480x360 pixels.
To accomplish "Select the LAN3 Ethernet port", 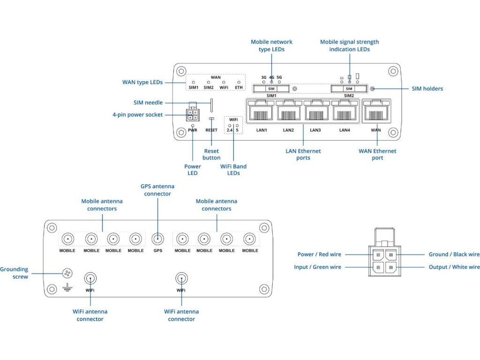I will click(x=316, y=112).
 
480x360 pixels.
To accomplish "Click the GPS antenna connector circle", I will click(x=158, y=239).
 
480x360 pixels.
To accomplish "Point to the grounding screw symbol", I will click(x=67, y=273).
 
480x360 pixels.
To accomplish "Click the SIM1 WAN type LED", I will click(x=194, y=82).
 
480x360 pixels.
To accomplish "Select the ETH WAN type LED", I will click(x=239, y=82).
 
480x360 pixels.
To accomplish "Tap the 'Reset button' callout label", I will click(x=211, y=154).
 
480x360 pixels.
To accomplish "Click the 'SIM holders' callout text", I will click(x=427, y=89).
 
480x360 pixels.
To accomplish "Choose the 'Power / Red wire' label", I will click(x=319, y=255).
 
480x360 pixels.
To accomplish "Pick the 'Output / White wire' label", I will click(x=454, y=267).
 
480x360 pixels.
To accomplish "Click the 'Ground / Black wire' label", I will click(x=454, y=255).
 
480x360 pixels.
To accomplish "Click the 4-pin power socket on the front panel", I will click(x=192, y=114).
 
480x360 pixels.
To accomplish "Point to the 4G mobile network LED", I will click(x=271, y=82).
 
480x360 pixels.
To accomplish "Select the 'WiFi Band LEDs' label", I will click(x=233, y=170).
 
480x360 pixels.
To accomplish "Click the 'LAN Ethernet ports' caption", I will click(x=303, y=154).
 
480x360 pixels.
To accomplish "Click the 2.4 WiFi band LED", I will click(x=230, y=125).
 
